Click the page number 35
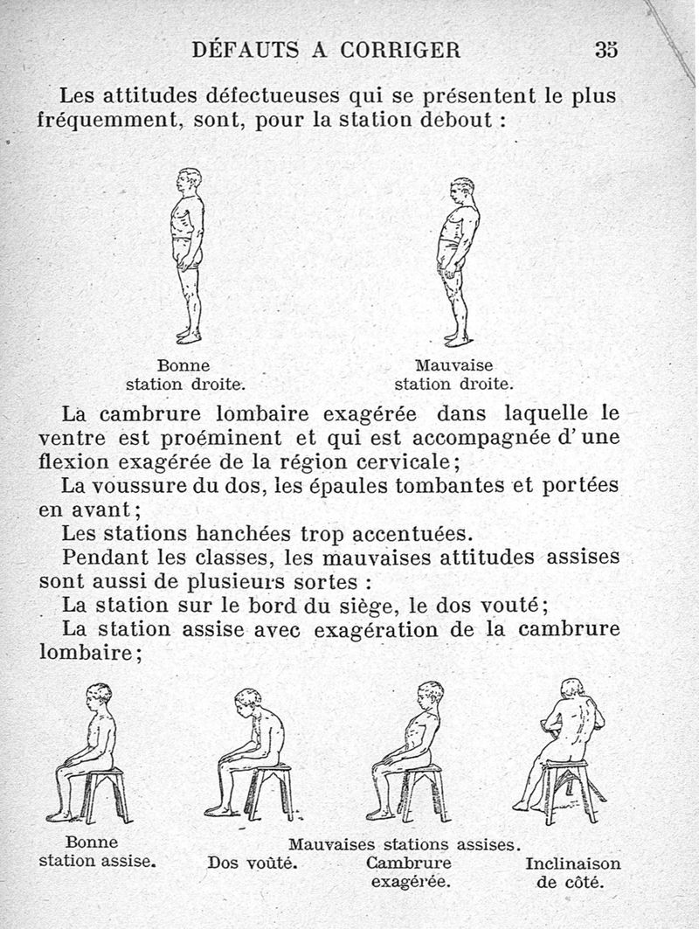[606, 50]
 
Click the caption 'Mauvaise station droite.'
[453, 374]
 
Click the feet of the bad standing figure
[457, 338]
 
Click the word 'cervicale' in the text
[399, 460]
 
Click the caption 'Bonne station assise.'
[97, 852]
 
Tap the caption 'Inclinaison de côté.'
[572, 872]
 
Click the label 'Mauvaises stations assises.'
[405, 844]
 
